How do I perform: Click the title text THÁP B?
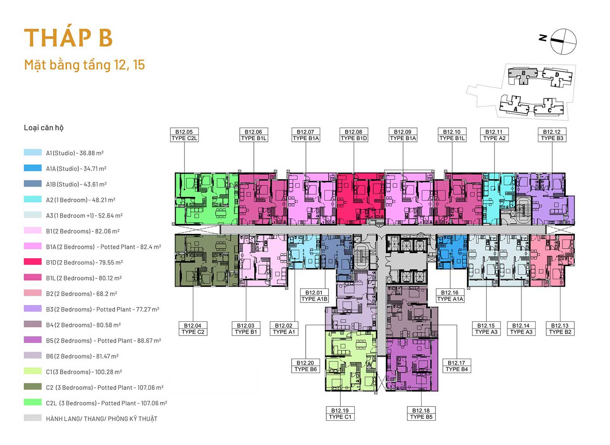coord(68,37)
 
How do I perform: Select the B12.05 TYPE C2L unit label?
coord(185,135)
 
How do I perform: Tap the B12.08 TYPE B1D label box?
coord(354,135)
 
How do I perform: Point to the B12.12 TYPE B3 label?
coord(552,135)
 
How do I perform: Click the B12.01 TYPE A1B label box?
coord(314,296)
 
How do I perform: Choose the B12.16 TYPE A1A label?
coord(450,296)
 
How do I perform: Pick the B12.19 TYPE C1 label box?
coord(340,414)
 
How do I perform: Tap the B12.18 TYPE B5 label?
coord(421,414)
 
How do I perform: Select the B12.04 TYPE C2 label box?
coord(193,329)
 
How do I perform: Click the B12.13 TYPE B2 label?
coord(560,329)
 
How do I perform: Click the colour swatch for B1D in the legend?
coord(33,262)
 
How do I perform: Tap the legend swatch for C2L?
coord(33,402)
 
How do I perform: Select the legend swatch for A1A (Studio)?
coord(33,168)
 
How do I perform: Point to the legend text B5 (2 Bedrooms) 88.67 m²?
coord(103,341)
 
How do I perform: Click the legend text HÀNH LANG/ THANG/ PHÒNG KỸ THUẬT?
coord(101,419)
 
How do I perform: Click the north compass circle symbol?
coord(563,42)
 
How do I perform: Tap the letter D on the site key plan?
coord(557,75)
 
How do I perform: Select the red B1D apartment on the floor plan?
coord(361,199)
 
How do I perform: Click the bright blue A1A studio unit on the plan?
coord(451,252)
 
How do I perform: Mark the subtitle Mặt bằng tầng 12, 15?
coord(84,65)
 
